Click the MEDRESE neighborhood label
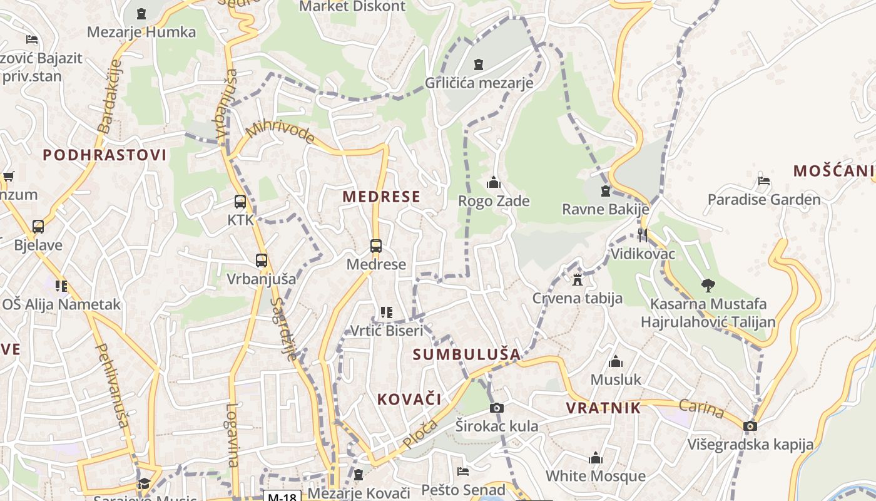[381, 197]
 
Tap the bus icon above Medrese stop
[375, 246]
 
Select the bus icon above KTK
[240, 202]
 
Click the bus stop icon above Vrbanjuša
[261, 260]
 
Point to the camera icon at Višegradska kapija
[750, 426]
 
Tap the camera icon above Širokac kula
[497, 408]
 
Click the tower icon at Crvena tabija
[578, 279]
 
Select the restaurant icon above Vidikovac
[642, 235]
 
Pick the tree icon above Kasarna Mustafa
[708, 286]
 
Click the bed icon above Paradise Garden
[763, 182]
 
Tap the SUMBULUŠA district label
[467, 354]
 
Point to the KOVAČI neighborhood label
[409, 399]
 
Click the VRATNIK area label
[603, 408]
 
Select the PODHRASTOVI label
[104, 155]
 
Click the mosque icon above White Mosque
[595, 458]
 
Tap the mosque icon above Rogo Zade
[494, 183]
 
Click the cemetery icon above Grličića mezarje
[479, 64]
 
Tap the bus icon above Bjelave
[38, 226]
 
